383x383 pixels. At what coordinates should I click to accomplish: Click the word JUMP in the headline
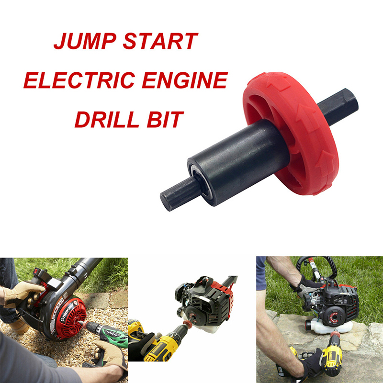(85, 41)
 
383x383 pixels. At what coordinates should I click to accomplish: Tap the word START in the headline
(160, 41)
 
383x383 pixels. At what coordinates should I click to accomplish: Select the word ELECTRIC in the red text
(79, 80)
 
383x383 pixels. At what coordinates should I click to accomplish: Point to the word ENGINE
(185, 80)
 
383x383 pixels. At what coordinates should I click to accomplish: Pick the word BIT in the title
(165, 119)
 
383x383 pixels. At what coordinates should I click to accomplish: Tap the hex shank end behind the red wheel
(339, 105)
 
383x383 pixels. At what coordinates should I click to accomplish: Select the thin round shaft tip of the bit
(176, 195)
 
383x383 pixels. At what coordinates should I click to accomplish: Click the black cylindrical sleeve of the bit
(238, 162)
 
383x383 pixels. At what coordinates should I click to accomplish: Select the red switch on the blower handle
(37, 271)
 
